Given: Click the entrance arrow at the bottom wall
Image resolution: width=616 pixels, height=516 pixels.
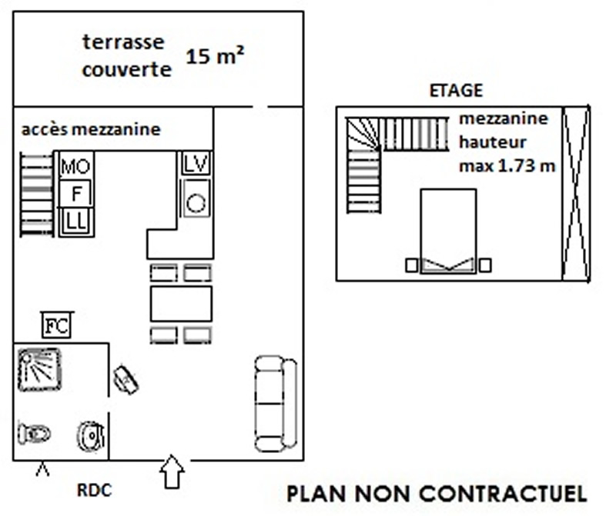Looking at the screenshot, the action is pyautogui.click(x=172, y=471).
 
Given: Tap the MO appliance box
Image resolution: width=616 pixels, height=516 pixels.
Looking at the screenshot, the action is pyautogui.click(x=75, y=165).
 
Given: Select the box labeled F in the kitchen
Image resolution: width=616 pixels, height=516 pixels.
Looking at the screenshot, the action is pyautogui.click(x=75, y=194).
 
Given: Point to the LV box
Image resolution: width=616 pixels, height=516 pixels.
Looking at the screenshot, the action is pyautogui.click(x=196, y=163).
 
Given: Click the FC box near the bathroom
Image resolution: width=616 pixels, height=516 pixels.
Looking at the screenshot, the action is pyautogui.click(x=57, y=325).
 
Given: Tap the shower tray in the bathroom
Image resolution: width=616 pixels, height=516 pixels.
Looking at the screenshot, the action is pyautogui.click(x=40, y=370).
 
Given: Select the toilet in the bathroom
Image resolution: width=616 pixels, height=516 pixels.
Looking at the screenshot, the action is pyautogui.click(x=35, y=433).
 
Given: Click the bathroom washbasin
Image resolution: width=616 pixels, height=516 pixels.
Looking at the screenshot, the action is pyautogui.click(x=91, y=435).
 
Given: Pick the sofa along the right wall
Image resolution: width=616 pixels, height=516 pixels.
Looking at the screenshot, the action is pyautogui.click(x=276, y=404).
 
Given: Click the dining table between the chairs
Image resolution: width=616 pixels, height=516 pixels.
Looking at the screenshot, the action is pyautogui.click(x=181, y=304).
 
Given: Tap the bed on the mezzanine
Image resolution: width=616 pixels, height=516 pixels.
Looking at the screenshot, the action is pyautogui.click(x=448, y=231).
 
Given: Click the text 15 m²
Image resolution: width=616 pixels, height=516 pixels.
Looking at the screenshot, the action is pyautogui.click(x=215, y=55).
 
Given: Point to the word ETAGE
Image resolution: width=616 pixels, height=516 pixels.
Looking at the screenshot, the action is pyautogui.click(x=456, y=91).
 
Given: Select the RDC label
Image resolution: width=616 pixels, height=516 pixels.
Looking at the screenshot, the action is pyautogui.click(x=94, y=490).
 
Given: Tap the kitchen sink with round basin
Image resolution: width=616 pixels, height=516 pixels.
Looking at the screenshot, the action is pyautogui.click(x=196, y=198).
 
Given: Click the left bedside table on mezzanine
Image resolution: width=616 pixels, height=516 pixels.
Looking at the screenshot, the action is pyautogui.click(x=411, y=265).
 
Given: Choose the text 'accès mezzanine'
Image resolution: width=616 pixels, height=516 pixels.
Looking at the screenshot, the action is pyautogui.click(x=91, y=129).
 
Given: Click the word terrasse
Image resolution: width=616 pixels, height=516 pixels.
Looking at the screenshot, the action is pyautogui.click(x=123, y=42).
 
